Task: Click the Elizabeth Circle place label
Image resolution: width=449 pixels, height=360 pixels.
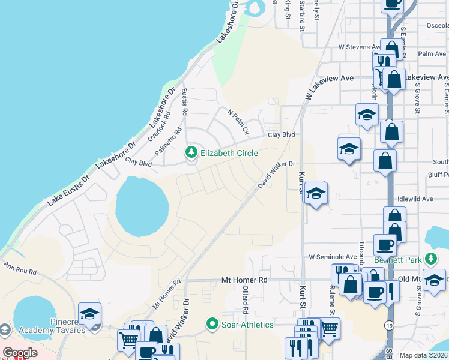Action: tap(229, 153)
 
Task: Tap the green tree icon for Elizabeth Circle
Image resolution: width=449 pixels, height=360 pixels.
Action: tap(192, 152)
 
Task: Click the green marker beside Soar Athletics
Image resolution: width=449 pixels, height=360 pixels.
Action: tap(212, 325)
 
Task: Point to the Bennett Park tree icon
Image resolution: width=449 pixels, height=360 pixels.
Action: tap(430, 259)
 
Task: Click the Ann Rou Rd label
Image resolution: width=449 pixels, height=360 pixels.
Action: tap(19, 268)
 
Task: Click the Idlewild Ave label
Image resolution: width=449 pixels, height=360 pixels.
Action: tap(415, 199)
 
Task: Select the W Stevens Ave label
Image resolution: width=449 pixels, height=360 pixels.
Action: tap(359, 46)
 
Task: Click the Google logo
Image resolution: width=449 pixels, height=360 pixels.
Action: tap(20, 353)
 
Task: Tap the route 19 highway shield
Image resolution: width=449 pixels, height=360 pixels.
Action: tap(389, 325)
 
